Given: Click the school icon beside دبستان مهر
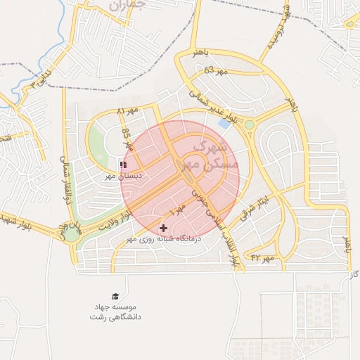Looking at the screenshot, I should pyautogui.click(x=123, y=165).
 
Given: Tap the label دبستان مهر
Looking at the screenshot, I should pyautogui.click(x=120, y=176).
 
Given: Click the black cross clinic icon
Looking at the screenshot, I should pyautogui.click(x=164, y=228).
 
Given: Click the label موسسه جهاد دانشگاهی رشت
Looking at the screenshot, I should pyautogui.click(x=116, y=313).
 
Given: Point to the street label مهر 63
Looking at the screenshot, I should pyautogui.click(x=217, y=71).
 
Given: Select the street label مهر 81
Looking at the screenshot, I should pyautogui.click(x=129, y=111).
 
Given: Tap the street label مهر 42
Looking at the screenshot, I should pyautogui.click(x=262, y=258).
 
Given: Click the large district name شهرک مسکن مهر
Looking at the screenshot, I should pyautogui.click(x=214, y=157).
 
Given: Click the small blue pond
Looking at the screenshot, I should pyautogui.click(x=224, y=123).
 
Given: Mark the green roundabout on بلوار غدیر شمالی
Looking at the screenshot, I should pyautogui.click(x=249, y=125).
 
